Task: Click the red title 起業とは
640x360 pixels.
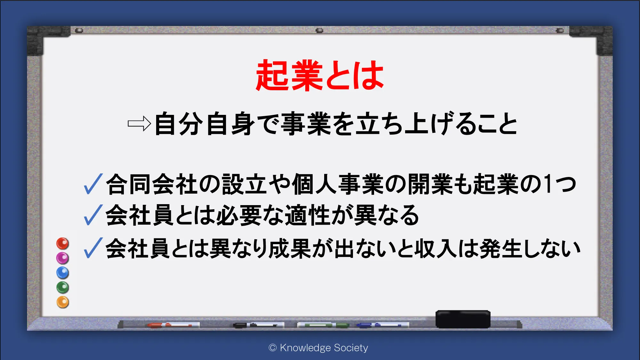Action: click(320, 76)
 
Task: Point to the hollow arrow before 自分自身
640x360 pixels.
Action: click(139, 124)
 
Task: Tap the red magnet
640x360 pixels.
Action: click(63, 244)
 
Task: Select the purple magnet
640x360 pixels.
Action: click(63, 258)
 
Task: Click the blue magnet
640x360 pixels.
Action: click(63, 273)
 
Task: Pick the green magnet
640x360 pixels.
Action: click(63, 287)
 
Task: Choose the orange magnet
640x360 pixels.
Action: click(63, 302)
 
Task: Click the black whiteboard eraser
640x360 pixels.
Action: click(463, 319)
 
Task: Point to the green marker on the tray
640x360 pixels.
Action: click(323, 325)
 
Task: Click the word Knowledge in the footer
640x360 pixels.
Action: click(305, 348)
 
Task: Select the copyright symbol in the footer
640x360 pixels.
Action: click(273, 348)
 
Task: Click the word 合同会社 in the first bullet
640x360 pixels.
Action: click(152, 184)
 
